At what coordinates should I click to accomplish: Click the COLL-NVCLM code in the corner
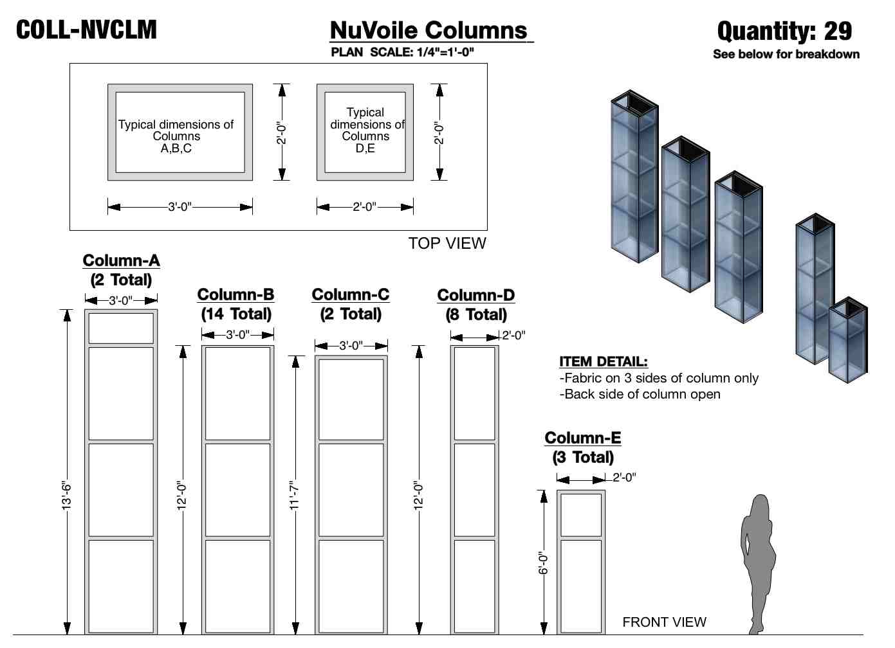(86, 30)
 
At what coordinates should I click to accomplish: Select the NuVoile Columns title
(429, 30)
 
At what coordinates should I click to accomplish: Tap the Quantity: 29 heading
(784, 31)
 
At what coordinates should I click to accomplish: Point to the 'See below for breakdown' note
(786, 54)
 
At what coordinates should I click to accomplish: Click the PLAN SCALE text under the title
(402, 52)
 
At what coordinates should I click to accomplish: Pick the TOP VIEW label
(447, 243)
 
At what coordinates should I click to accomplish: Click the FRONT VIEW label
(664, 622)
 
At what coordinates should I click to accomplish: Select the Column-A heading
(121, 260)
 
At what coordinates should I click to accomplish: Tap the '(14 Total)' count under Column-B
(236, 314)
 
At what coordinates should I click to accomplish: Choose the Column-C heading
(351, 294)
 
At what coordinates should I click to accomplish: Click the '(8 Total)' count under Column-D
(476, 314)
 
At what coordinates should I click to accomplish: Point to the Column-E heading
(583, 438)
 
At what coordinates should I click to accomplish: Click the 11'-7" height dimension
(295, 495)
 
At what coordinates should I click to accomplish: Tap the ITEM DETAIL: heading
(604, 361)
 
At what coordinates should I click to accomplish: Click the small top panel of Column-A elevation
(121, 328)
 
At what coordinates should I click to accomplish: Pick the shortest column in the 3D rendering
(848, 341)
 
